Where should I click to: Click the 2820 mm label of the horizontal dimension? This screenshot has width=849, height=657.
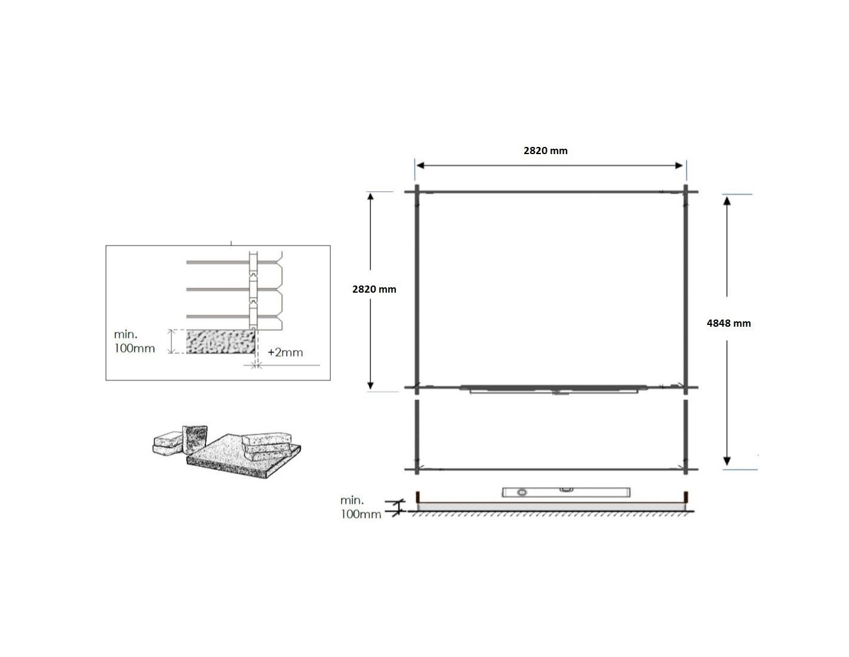[545, 151]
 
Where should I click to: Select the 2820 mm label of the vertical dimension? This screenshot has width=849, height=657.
[374, 289]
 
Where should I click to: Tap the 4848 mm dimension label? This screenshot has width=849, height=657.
[728, 323]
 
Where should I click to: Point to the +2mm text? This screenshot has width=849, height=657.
[285, 352]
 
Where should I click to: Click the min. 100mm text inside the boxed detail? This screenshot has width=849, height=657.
[134, 341]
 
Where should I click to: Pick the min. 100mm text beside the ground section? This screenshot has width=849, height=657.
[360, 507]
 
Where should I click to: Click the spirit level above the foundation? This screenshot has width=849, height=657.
[566, 492]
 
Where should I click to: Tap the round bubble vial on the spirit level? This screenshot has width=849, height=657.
[522, 493]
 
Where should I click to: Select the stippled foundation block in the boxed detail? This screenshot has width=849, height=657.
[221, 342]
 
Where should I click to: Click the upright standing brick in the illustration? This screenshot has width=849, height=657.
[195, 440]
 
